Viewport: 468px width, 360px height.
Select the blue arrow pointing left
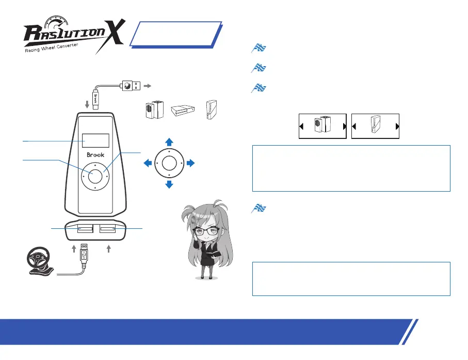coord(147,163)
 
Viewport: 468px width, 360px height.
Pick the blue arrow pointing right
coord(190,163)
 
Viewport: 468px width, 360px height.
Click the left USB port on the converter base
coord(85,229)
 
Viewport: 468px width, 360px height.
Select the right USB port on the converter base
coord(107,229)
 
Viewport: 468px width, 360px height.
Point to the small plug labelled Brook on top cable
coord(95,97)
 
